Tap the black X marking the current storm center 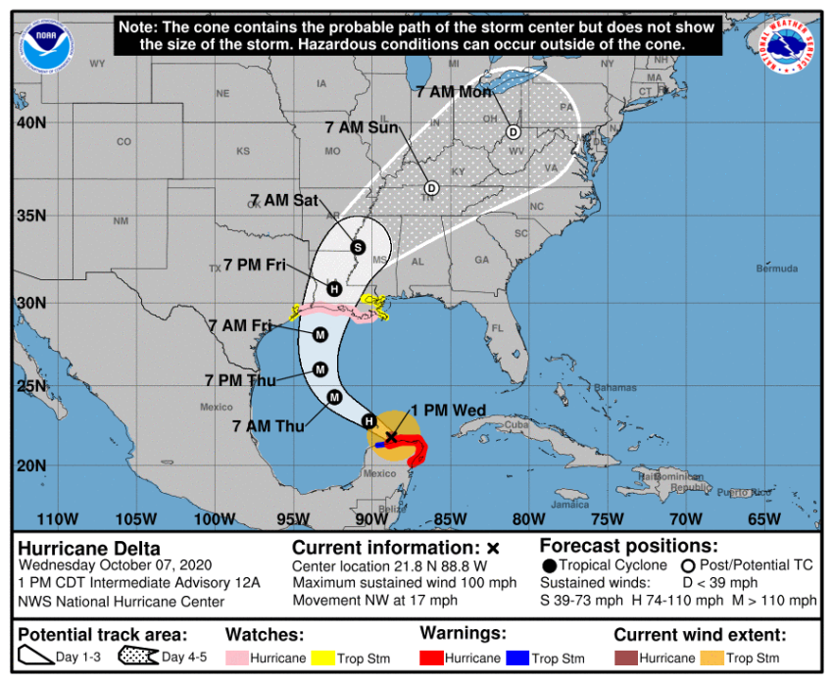391,436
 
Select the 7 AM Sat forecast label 283,201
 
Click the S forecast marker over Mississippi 358,247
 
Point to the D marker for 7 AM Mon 513,131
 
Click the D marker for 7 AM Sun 431,187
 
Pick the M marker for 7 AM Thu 334,397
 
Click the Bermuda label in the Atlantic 752,268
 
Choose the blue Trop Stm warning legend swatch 516,658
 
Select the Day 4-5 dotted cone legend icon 138,657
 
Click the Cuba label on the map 515,424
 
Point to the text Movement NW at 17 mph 374,601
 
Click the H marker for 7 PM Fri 334,288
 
